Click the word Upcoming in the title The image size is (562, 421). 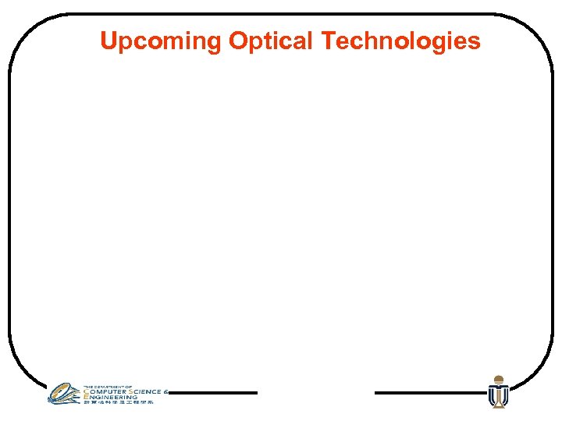click(x=161, y=41)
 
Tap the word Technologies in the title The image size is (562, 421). click(x=401, y=41)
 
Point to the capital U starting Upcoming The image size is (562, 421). click(x=108, y=41)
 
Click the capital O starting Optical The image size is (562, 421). click(x=237, y=41)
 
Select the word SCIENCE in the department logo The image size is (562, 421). click(x=148, y=391)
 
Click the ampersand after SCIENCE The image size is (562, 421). click(x=165, y=391)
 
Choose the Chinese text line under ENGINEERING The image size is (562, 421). click(x=119, y=402)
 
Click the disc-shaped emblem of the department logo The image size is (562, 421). click(x=64, y=393)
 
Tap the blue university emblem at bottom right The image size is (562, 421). click(x=498, y=394)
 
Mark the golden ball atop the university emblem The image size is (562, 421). click(x=498, y=379)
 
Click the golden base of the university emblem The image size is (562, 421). click(x=498, y=405)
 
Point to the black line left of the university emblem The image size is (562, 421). click(x=429, y=393)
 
